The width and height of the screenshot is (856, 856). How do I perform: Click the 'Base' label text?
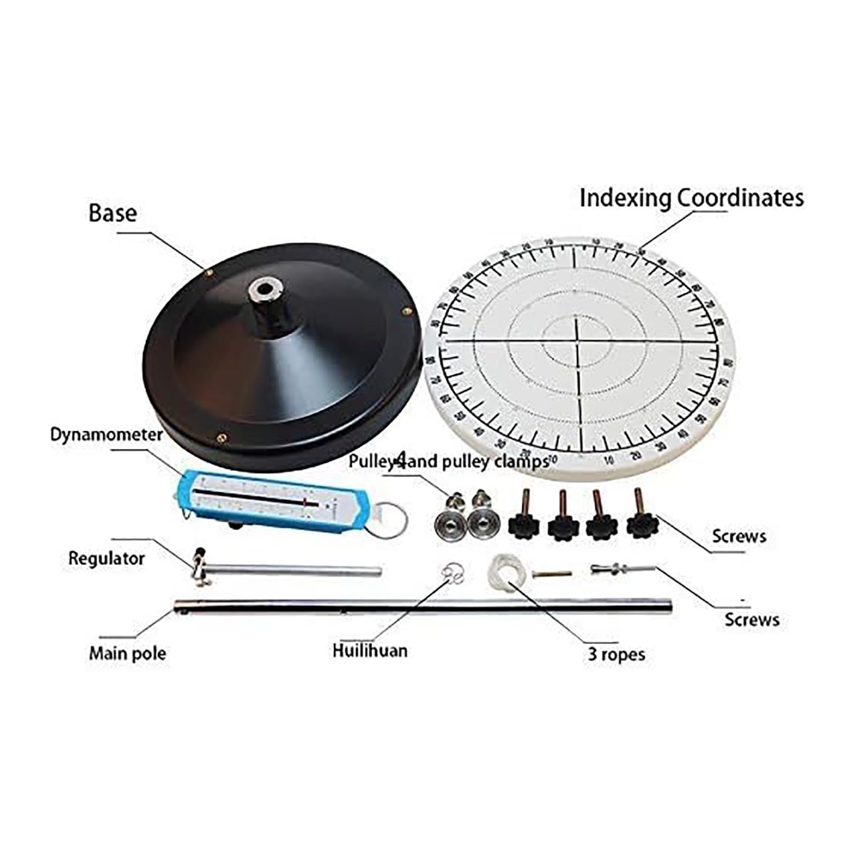(x=112, y=213)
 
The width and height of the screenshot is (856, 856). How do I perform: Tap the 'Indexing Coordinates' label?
(x=691, y=198)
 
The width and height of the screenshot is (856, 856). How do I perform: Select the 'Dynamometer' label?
(x=106, y=434)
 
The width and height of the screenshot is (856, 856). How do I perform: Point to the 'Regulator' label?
(x=106, y=559)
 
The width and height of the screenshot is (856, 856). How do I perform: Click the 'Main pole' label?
(x=127, y=653)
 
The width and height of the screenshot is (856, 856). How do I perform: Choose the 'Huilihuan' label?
(x=370, y=651)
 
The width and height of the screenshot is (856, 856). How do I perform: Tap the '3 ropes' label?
(x=616, y=654)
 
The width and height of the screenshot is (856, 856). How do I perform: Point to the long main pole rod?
(x=423, y=606)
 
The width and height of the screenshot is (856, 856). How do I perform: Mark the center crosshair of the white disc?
(x=577, y=341)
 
